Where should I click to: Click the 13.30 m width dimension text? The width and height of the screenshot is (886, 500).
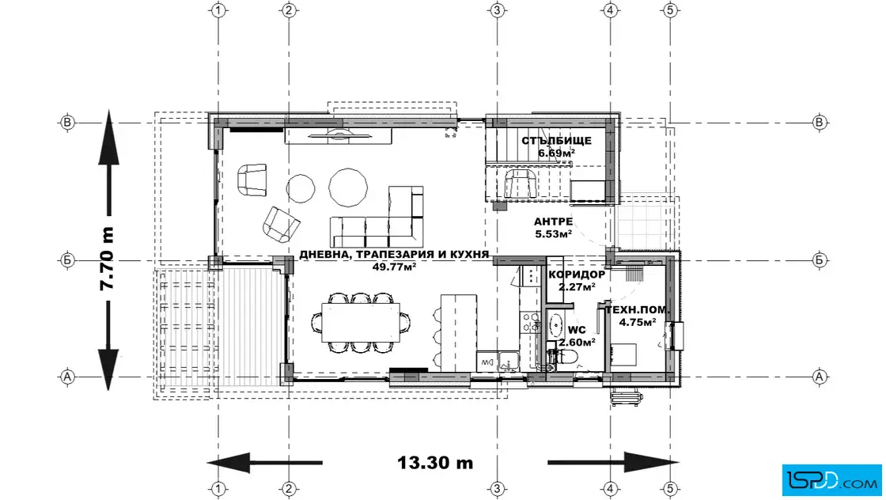tap(435, 463)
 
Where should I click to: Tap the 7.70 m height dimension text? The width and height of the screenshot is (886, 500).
tap(107, 259)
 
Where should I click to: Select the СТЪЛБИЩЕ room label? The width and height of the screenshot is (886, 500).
tap(557, 141)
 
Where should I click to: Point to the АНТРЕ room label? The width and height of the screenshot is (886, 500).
tap(554, 222)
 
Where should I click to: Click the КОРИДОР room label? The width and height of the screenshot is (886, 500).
tap(577, 274)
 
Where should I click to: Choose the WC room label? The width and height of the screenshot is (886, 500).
tap(577, 330)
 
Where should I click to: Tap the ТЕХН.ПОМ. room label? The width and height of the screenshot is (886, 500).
tap(638, 310)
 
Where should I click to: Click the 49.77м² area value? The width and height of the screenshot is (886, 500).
tap(394, 267)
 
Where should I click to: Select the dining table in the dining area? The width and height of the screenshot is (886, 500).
tap(361, 323)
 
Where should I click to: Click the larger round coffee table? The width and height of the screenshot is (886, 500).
tap(348, 187)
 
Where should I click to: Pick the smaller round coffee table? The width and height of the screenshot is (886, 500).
tap(301, 188)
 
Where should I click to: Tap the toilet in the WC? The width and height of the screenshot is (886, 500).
tap(565, 357)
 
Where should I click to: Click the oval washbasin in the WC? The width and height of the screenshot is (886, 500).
tap(556, 326)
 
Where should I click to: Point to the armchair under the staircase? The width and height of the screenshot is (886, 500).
tap(521, 183)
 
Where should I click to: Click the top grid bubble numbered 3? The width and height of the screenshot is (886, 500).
tap(497, 10)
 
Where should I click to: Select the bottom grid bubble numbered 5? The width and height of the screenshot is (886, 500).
tap(670, 489)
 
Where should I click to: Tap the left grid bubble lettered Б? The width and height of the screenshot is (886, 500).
tap(67, 260)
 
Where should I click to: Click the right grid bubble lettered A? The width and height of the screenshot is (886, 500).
tap(820, 377)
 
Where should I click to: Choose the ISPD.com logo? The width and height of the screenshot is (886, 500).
tap(831, 480)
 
